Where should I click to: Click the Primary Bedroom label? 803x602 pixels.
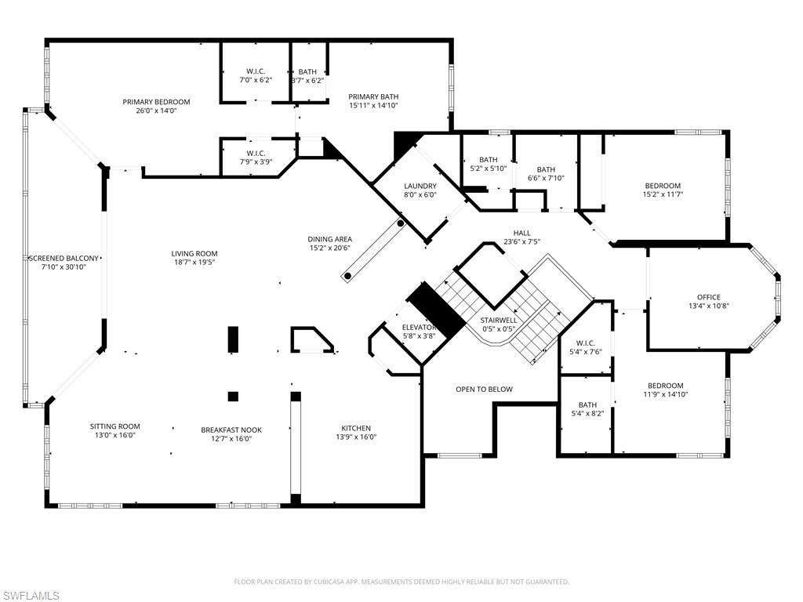pyautogui.click(x=156, y=102)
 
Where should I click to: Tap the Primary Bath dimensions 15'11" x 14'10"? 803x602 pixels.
pyautogui.click(x=373, y=106)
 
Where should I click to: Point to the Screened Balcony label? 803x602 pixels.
pyautogui.click(x=64, y=258)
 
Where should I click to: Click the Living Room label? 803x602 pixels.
pyautogui.click(x=194, y=253)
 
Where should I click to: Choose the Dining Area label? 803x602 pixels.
pyautogui.click(x=329, y=239)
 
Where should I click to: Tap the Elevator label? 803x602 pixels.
pyautogui.click(x=419, y=327)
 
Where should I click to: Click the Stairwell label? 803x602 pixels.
pyautogui.click(x=499, y=321)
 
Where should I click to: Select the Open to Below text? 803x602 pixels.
pyautogui.click(x=484, y=389)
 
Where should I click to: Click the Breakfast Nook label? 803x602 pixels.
pyautogui.click(x=231, y=430)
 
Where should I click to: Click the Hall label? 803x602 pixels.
pyautogui.click(x=521, y=233)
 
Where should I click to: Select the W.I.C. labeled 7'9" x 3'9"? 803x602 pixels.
pyautogui.click(x=256, y=153)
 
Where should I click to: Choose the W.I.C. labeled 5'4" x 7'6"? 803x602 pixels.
pyautogui.click(x=586, y=342)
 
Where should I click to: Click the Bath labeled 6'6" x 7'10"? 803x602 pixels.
pyautogui.click(x=546, y=169)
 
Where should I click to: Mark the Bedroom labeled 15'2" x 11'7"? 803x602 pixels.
pyautogui.click(x=663, y=186)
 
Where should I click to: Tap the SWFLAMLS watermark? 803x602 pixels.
pyautogui.click(x=31, y=596)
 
